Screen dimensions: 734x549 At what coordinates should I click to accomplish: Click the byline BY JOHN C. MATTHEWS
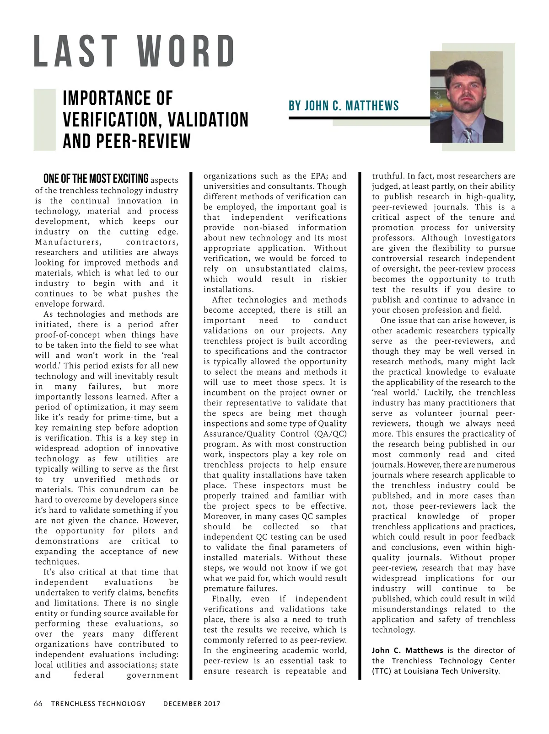pyautogui.click(x=344, y=106)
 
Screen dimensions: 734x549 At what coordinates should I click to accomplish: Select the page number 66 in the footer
pyautogui.click(x=38, y=703)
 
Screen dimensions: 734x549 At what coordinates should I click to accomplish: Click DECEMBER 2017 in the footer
pyautogui.click(x=192, y=704)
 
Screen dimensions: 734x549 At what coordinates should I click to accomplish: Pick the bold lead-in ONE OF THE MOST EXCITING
pyautogui.click(x=96, y=178)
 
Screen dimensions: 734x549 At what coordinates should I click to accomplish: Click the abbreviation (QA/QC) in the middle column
pyautogui.click(x=330, y=434)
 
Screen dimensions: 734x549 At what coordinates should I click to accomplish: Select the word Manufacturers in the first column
pyautogui.click(x=67, y=242)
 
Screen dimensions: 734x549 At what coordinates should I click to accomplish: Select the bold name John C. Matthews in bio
pyautogui.click(x=407, y=650)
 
